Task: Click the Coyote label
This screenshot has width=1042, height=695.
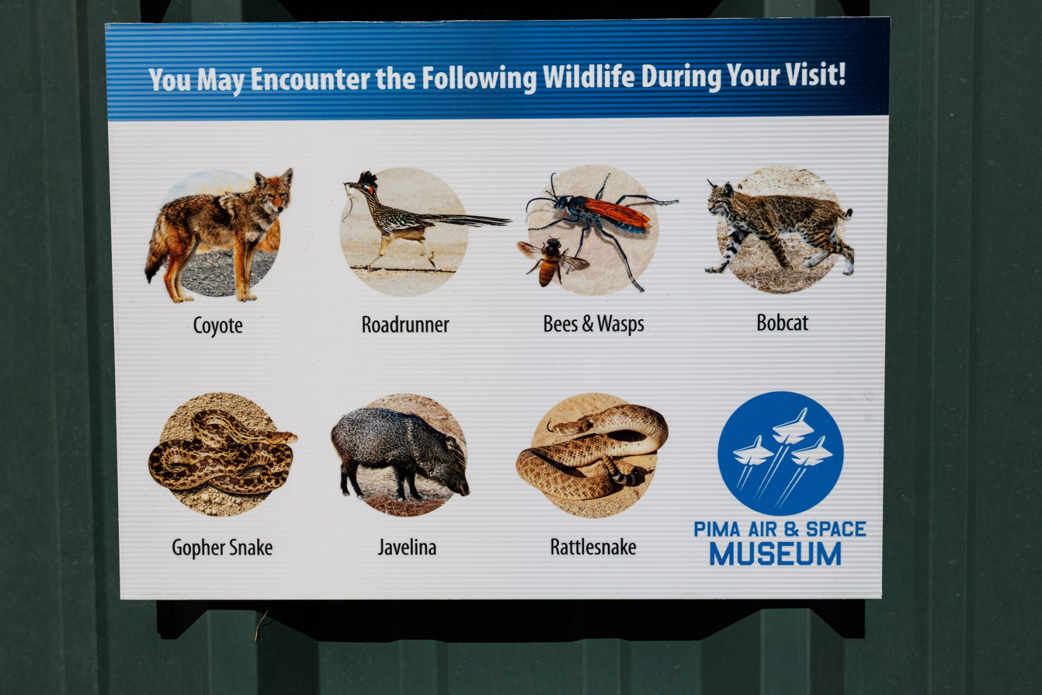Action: (217, 326)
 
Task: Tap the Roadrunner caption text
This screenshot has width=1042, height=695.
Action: (405, 324)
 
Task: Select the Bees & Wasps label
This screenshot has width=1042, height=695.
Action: (594, 324)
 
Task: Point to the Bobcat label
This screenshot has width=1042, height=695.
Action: (782, 322)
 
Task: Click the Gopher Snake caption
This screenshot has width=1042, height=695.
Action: (223, 548)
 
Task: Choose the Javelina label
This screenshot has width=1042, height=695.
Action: (407, 548)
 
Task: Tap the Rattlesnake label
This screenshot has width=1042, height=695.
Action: (593, 547)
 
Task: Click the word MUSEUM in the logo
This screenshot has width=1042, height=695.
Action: (776, 553)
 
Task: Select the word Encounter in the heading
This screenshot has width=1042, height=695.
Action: (310, 79)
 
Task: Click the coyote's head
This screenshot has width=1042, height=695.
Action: (275, 192)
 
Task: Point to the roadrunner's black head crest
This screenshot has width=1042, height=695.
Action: (369, 179)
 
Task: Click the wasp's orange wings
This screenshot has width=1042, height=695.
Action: (616, 212)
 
